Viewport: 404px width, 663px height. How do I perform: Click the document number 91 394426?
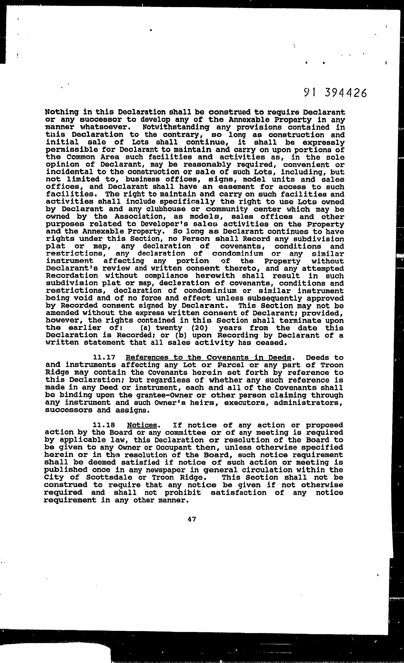[x=335, y=93]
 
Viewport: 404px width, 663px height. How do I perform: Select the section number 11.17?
[x=104, y=357]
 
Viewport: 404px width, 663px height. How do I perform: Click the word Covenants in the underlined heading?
[x=225, y=357]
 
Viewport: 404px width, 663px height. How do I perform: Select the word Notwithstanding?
[x=176, y=127]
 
